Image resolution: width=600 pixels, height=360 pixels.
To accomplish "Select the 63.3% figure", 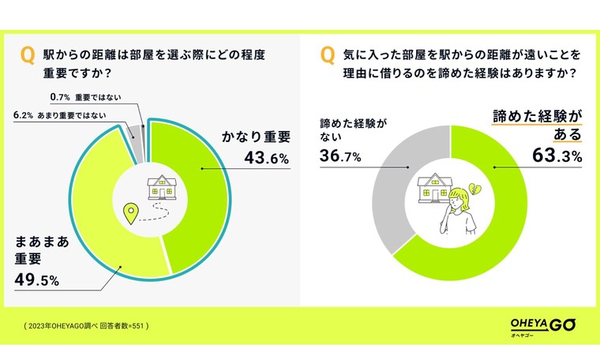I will click(557, 157).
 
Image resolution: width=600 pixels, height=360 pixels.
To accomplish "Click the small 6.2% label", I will click(22, 114).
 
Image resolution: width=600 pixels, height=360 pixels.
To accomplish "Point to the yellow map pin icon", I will click(132, 212).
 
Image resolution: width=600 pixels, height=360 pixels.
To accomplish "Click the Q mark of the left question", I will click(27, 55).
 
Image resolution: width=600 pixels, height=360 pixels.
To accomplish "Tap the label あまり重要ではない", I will click(83, 114).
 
